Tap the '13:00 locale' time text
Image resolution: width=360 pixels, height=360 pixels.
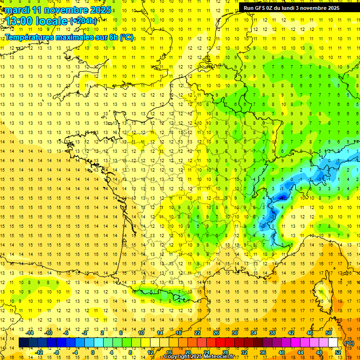(x=37, y=21)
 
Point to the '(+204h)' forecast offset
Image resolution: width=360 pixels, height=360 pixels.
(x=83, y=21)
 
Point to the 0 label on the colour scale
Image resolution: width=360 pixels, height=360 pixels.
(x=92, y=352)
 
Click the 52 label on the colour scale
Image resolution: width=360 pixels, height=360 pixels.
(x=337, y=352)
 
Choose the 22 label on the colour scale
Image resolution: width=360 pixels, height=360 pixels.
(x=197, y=333)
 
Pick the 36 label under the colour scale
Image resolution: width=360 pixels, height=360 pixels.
(x=262, y=352)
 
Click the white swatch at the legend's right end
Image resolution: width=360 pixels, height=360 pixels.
(x=333, y=343)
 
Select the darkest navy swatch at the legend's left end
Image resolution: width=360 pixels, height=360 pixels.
(x=23, y=343)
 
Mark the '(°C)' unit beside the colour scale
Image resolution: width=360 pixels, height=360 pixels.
(x=349, y=343)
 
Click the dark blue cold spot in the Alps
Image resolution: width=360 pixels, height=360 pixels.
(x=282, y=198)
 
